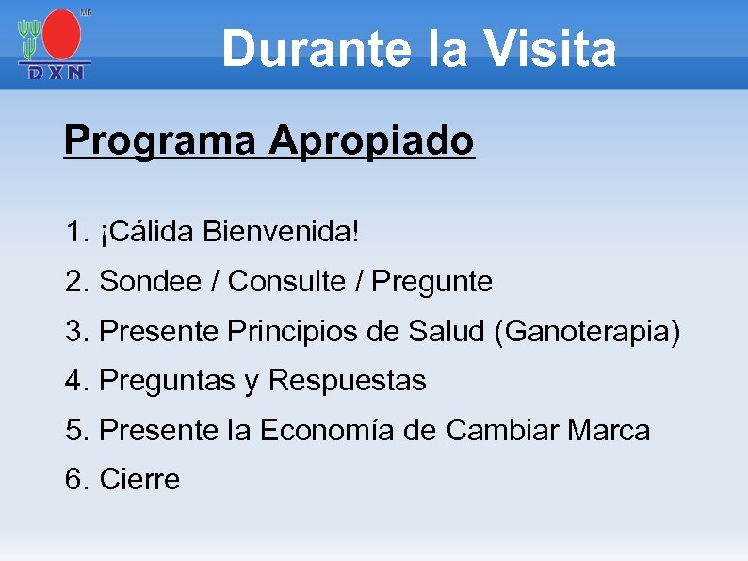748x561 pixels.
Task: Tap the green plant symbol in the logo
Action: (30, 38)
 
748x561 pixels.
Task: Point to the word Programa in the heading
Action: (159, 141)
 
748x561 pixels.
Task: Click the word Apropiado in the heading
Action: (371, 141)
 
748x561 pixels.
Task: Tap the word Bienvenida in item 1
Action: (280, 231)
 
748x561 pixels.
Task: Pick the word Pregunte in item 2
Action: (432, 282)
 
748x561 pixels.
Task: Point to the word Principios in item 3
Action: (300, 332)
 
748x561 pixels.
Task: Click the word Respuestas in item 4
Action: (348, 382)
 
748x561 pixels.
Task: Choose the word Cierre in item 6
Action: (139, 480)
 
